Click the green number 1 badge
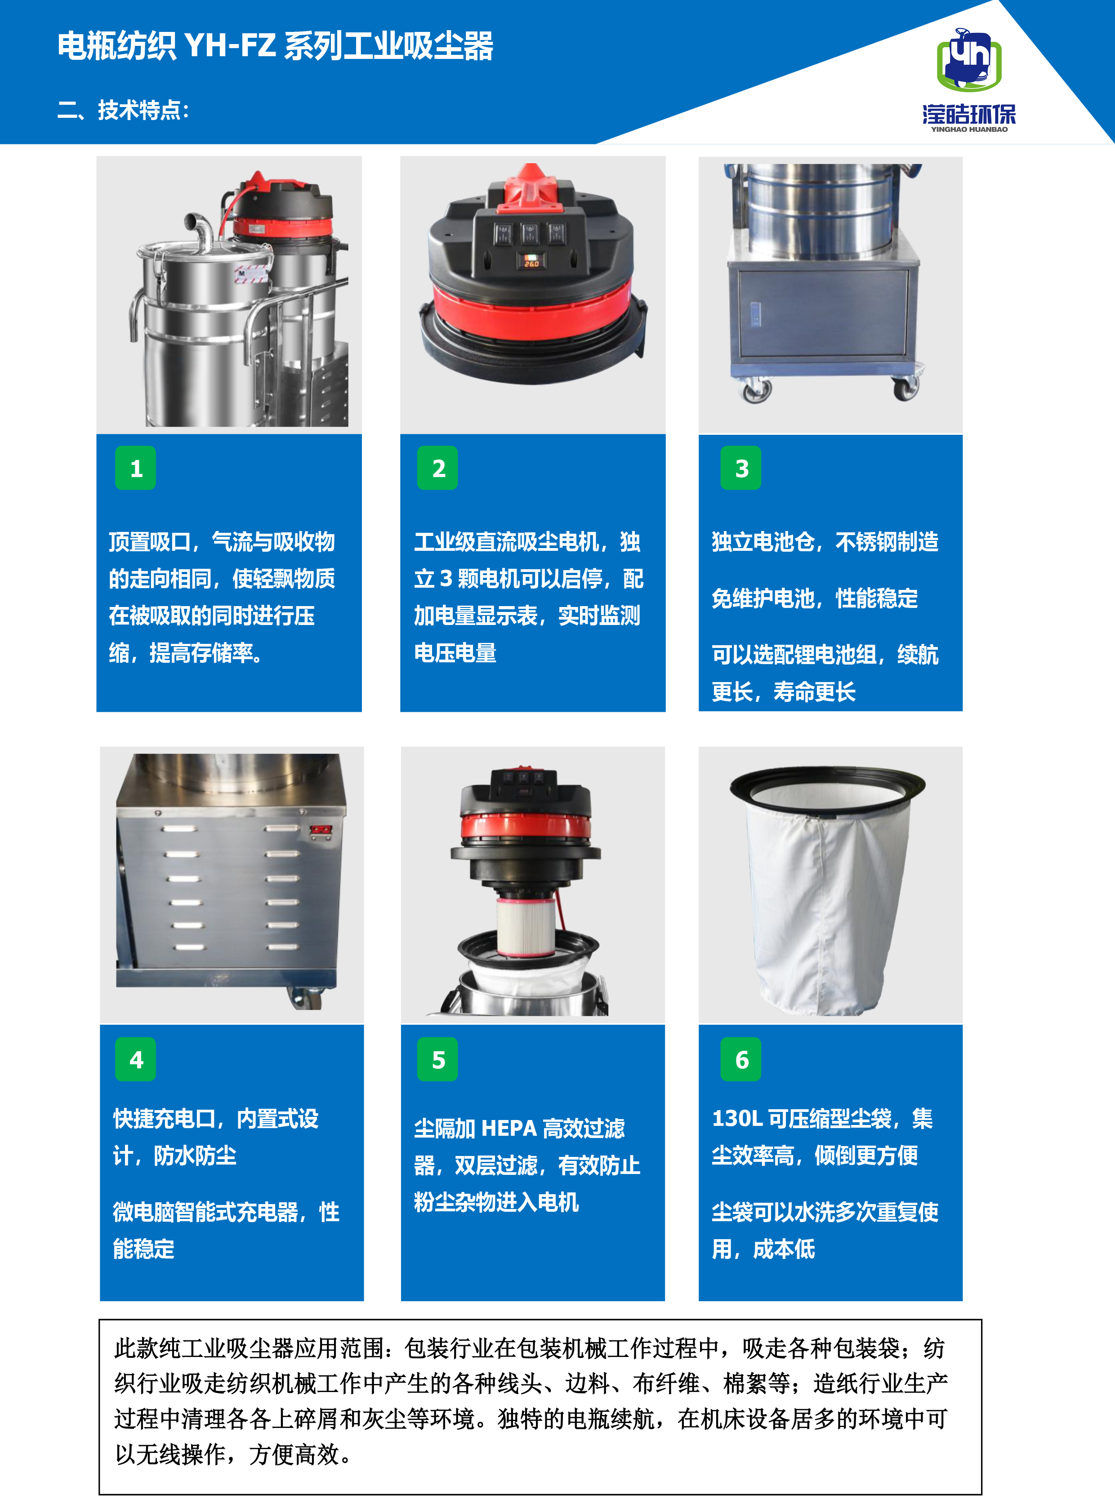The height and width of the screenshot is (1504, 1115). point(136,468)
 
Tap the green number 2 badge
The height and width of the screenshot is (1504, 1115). point(438,468)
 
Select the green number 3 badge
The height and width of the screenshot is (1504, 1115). point(741,468)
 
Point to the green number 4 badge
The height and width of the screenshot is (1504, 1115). point(136,1059)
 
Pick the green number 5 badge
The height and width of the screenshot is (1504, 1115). point(438,1059)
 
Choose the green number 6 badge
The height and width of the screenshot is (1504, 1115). point(741,1059)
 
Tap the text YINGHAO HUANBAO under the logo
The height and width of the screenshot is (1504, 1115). point(969,129)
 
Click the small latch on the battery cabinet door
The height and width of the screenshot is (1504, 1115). point(756,313)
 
